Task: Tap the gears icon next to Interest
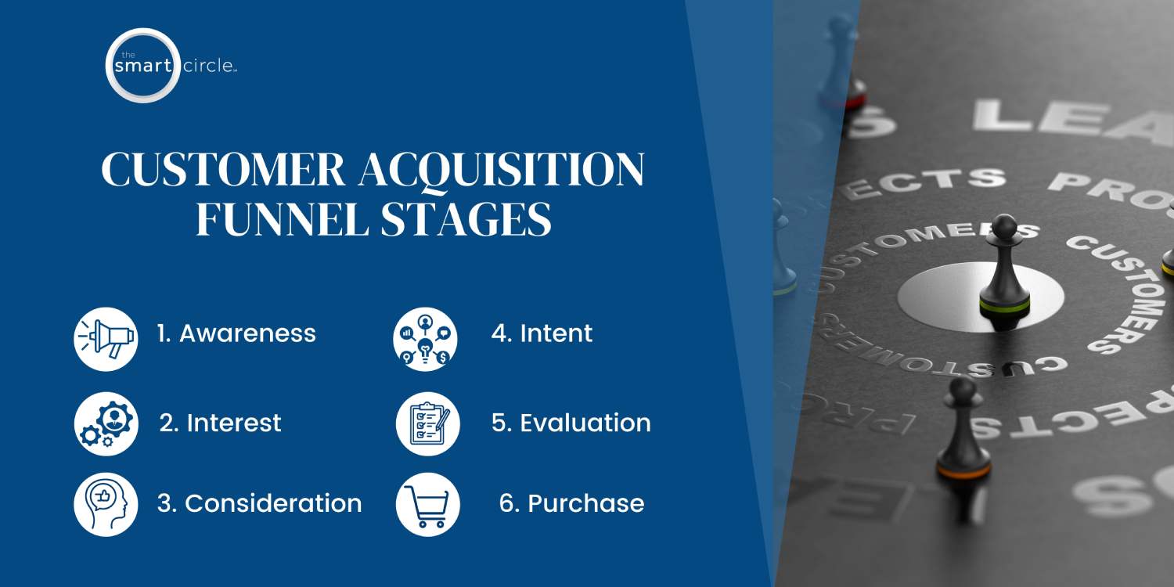[x=106, y=423]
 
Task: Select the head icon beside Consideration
[x=106, y=504]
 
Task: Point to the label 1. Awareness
[x=236, y=333]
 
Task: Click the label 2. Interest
[x=220, y=423]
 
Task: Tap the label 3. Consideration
[x=259, y=503]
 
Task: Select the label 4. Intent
[x=542, y=333]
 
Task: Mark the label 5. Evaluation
[x=571, y=423]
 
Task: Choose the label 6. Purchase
[x=571, y=503]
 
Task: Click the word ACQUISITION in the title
[x=501, y=170]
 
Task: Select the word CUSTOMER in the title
[x=224, y=170]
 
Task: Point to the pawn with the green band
[x=1004, y=270]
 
